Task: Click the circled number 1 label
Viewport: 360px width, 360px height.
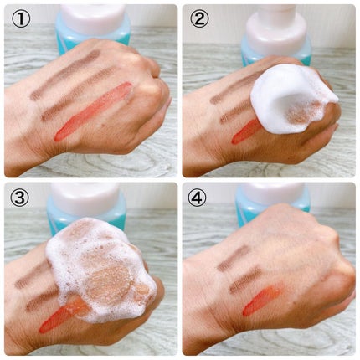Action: click(x=21, y=18)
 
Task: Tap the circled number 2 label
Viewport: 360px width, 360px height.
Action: click(x=199, y=18)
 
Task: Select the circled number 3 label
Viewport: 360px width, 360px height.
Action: click(x=20, y=198)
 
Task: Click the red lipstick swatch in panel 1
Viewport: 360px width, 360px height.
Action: click(x=94, y=111)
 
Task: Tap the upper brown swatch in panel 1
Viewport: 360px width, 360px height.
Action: click(x=64, y=75)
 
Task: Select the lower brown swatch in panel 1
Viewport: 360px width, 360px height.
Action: click(x=77, y=95)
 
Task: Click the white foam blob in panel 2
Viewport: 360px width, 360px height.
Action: click(x=291, y=98)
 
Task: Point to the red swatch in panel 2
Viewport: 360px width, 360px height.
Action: click(x=245, y=132)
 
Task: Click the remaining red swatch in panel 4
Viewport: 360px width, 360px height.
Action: click(x=262, y=299)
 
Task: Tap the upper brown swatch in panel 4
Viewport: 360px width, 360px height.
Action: click(x=234, y=259)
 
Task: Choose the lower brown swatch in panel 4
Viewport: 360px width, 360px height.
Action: click(x=245, y=280)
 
